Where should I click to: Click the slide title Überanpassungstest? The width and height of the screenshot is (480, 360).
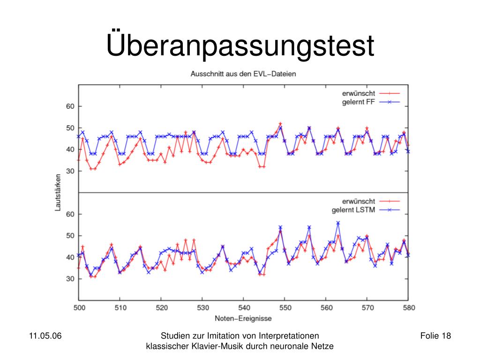pyautogui.click(x=240, y=45)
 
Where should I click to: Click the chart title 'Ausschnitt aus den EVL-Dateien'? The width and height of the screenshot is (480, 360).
pyautogui.click(x=243, y=74)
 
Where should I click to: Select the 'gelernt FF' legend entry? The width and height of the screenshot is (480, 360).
pyautogui.click(x=358, y=102)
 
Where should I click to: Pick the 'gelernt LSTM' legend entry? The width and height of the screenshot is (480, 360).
pyautogui.click(x=353, y=210)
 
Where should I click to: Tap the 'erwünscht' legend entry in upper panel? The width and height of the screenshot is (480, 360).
pyautogui.click(x=358, y=93)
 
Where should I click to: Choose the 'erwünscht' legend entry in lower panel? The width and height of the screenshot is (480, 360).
pyautogui.click(x=358, y=201)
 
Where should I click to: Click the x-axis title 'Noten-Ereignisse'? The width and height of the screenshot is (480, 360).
pyautogui.click(x=243, y=318)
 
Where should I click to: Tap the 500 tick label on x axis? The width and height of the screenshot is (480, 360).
pyautogui.click(x=79, y=308)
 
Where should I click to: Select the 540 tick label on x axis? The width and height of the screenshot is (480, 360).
pyautogui.click(x=243, y=308)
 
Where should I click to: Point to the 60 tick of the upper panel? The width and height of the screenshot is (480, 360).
pyautogui.click(x=70, y=106)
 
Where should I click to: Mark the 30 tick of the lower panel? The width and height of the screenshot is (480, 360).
pyautogui.click(x=70, y=279)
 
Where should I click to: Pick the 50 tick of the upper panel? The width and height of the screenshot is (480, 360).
pyautogui.click(x=70, y=128)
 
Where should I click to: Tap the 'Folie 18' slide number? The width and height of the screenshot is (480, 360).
pyautogui.click(x=435, y=336)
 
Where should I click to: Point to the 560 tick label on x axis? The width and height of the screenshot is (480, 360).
pyautogui.click(x=326, y=308)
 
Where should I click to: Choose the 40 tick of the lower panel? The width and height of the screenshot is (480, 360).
pyautogui.click(x=70, y=257)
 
